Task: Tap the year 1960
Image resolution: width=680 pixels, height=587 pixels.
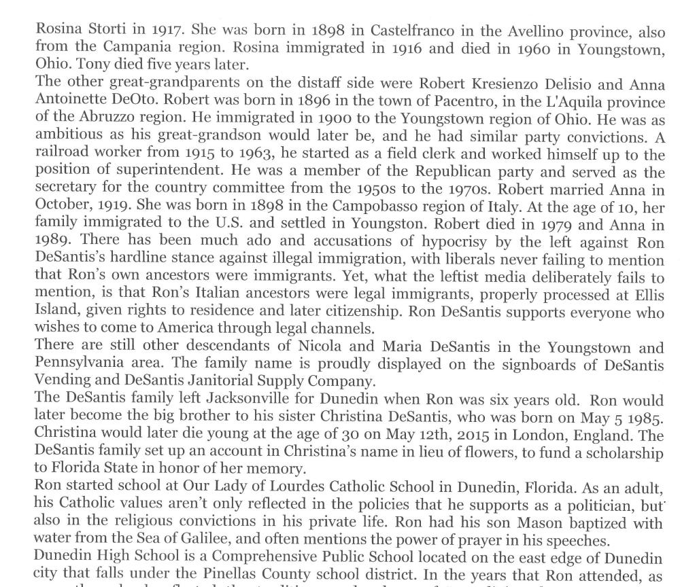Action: click(x=547, y=48)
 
